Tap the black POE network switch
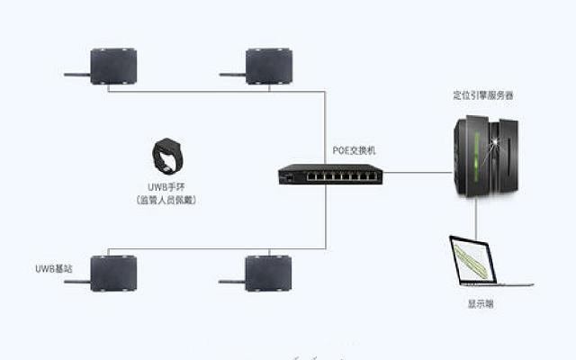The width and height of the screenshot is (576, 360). (329, 172)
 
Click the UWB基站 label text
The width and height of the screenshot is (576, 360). (45, 269)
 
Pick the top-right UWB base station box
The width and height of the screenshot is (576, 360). (269, 66)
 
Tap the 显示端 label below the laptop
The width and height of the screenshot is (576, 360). (480, 304)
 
